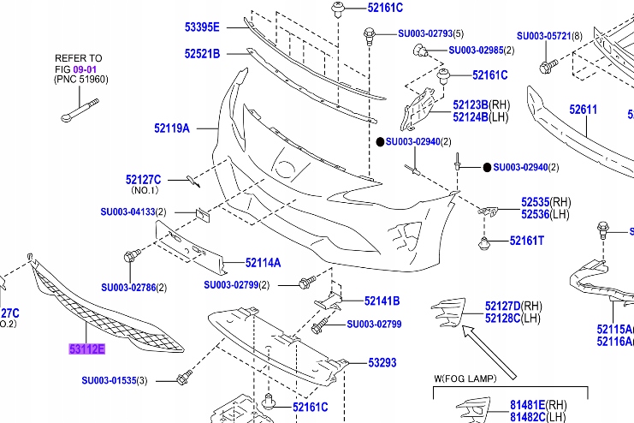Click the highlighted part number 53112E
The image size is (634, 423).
pos(86,349)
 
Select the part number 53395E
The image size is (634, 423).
pos(203,27)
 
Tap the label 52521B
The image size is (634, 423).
pos(202,54)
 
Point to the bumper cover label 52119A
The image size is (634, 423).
pos(172,128)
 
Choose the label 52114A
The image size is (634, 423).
pos(263,263)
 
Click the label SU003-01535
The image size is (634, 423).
pos(109,380)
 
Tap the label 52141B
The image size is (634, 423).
pos(382,301)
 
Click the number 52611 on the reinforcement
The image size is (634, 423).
pos(584,110)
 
